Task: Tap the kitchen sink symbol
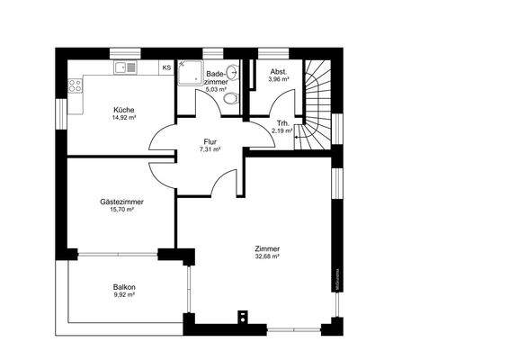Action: click(x=124, y=67)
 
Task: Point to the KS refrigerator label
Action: click(x=165, y=67)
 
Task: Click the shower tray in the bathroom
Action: click(x=189, y=71)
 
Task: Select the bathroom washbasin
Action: click(x=233, y=73)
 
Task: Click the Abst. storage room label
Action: click(x=280, y=70)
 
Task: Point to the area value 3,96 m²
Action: click(x=280, y=79)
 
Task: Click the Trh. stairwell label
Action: click(x=281, y=122)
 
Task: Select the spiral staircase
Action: click(x=316, y=103)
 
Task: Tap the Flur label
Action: click(x=210, y=141)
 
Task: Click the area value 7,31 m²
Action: click(x=210, y=149)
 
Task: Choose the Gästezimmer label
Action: click(x=121, y=202)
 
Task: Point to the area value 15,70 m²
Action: click(x=121, y=210)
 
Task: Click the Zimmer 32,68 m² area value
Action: click(x=267, y=256)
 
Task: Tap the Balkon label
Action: click(x=124, y=286)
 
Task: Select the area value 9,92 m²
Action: click(x=124, y=294)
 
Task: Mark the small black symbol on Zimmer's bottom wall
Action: click(x=241, y=316)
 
